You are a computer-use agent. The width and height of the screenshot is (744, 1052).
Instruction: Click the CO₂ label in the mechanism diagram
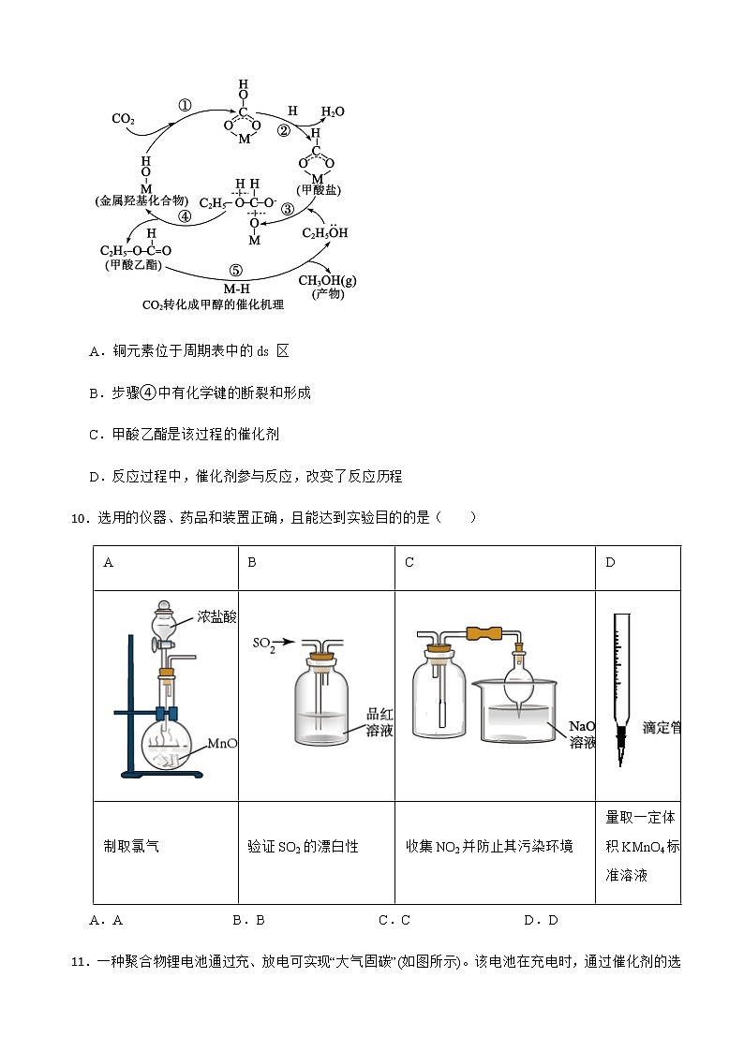pos(124,119)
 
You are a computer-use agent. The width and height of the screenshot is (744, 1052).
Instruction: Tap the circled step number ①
pos(185,106)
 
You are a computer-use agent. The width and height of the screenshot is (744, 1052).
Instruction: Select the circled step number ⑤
pos(235,270)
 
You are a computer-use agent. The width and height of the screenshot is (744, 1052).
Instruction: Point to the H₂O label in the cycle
pos(333,111)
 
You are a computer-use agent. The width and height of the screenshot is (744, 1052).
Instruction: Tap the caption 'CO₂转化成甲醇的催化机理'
pos(213,304)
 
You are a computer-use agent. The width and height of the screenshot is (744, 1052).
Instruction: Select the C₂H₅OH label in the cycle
pos(324,232)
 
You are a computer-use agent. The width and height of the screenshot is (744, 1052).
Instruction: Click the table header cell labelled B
pos(252,562)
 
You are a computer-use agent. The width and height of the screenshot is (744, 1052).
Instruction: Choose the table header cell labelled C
pos(409,562)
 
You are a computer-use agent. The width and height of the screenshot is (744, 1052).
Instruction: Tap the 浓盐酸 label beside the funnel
pos(217,616)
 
